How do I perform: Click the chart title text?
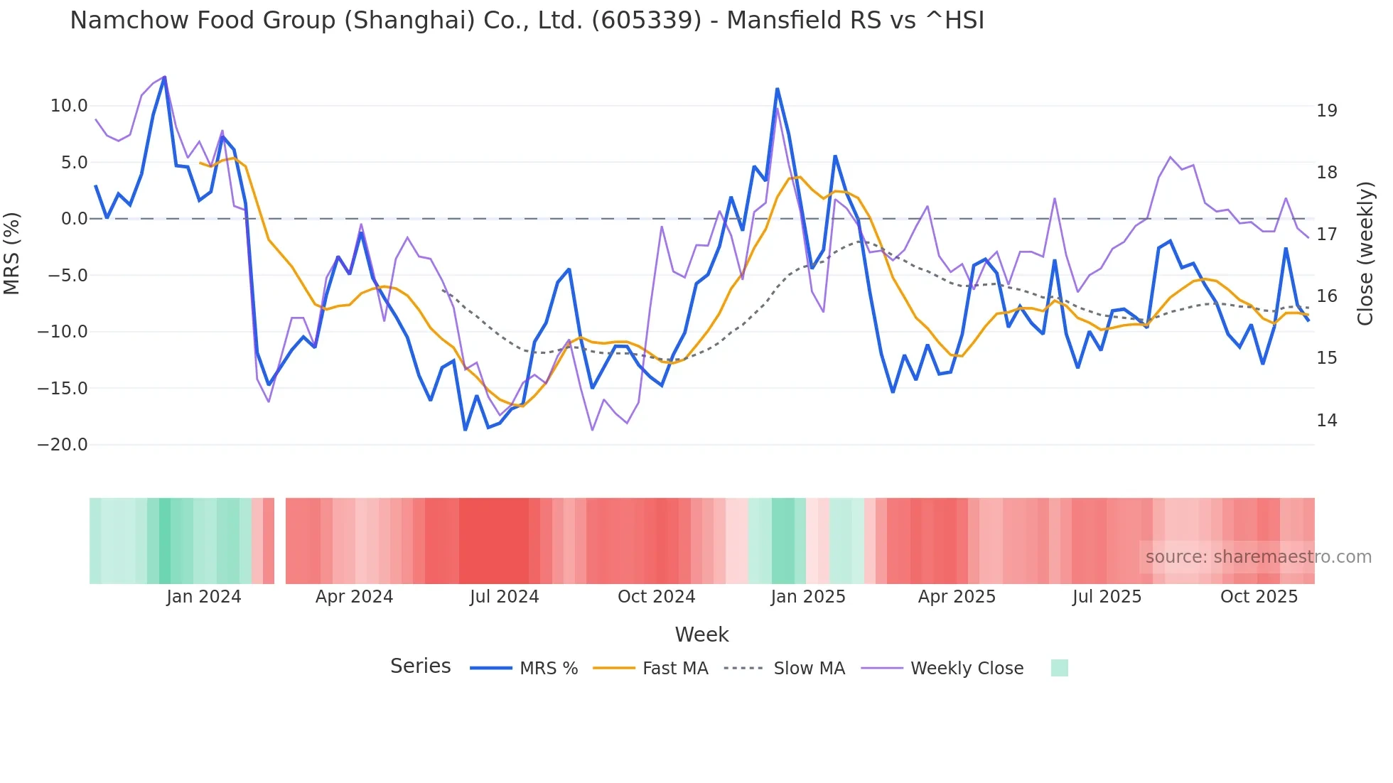pos(527,21)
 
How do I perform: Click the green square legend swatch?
pos(1059,668)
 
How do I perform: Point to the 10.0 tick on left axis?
pos(69,106)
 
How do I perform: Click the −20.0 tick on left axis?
pos(63,445)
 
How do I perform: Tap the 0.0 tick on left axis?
pos(74,219)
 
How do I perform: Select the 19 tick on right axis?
pos(1326,111)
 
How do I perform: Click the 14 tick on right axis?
pos(1326,421)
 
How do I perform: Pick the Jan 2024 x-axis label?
pos(204,597)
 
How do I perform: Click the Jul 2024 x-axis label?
pos(505,597)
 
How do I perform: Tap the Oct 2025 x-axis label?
pos(1259,597)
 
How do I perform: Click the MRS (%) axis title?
pos(12,254)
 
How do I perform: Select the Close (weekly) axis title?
pos(1365,254)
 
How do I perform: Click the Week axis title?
pos(701,634)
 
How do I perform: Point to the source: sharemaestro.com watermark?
pos(1258,557)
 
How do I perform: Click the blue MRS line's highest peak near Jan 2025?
pos(778,90)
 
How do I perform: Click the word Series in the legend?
pos(420,666)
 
